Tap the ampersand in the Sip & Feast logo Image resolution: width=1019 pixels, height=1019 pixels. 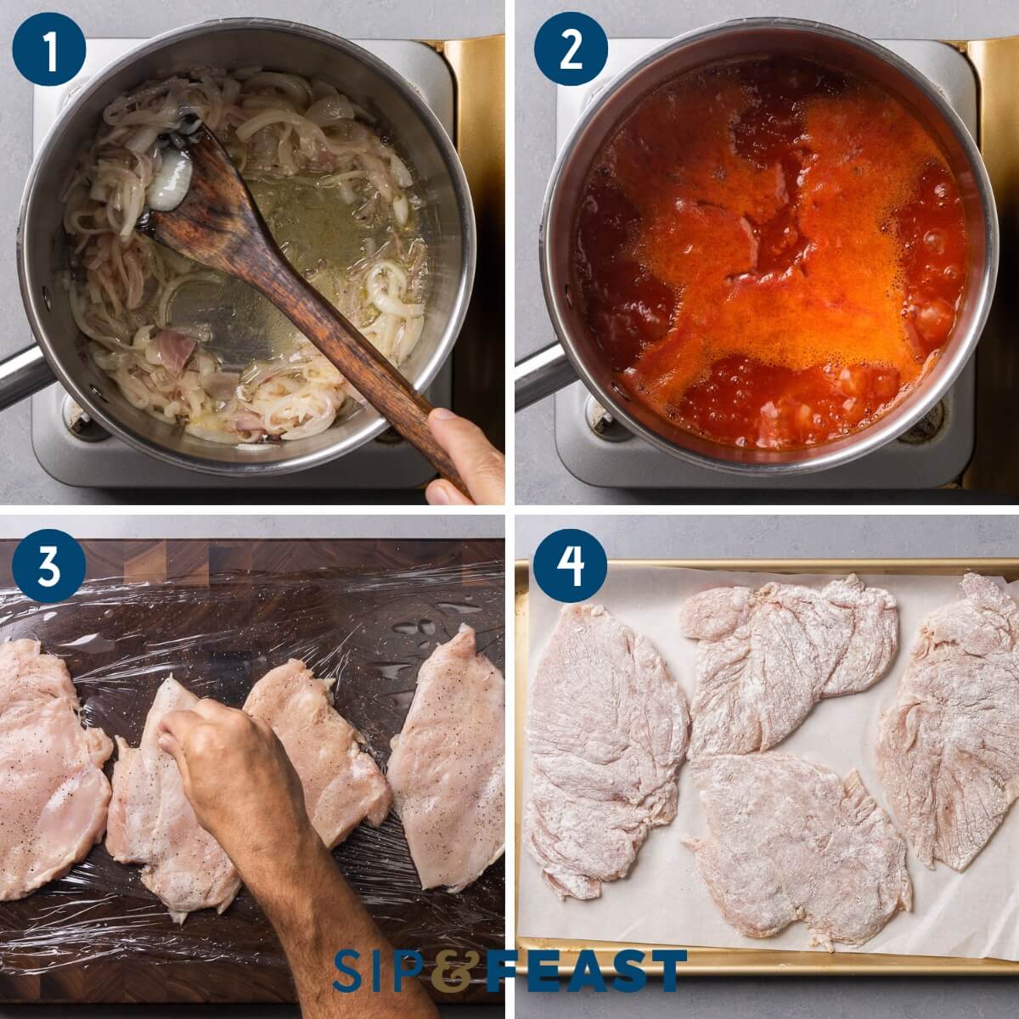(x=450, y=971)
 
